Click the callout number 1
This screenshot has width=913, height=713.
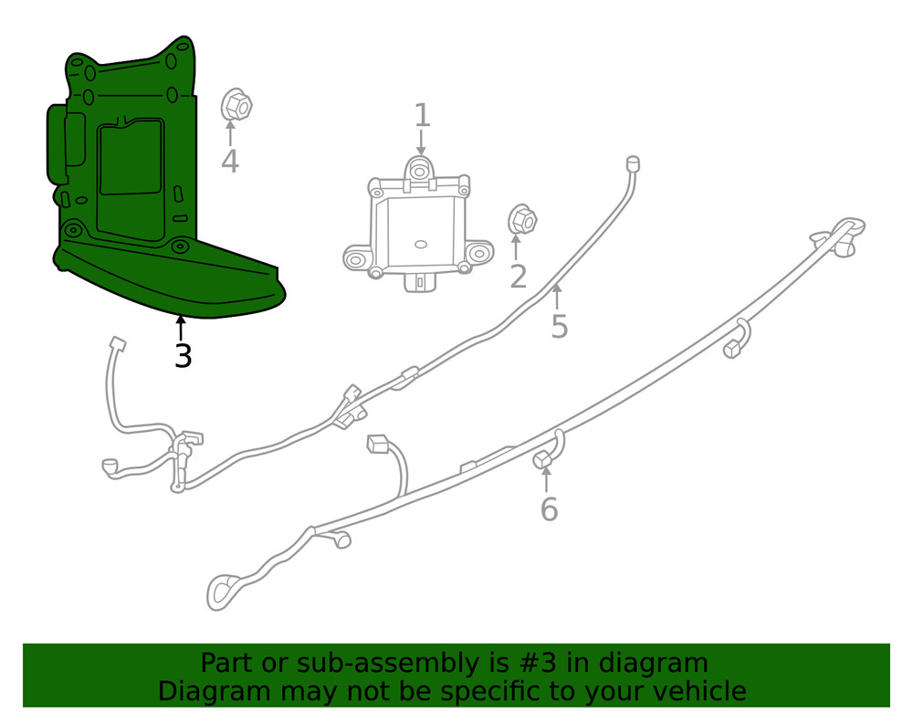coord(422,116)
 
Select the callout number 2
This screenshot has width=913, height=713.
coord(519,276)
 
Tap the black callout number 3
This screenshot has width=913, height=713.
coord(183,356)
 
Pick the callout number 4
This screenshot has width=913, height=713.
coord(230,163)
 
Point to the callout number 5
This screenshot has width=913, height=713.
coord(560,326)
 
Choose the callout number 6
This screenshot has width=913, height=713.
coord(549,509)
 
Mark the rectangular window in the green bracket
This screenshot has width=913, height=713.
coord(130,159)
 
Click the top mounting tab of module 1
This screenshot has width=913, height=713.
coord(419,170)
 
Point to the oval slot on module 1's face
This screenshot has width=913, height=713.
coord(421,244)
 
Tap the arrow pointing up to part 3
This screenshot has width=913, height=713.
coord(182,327)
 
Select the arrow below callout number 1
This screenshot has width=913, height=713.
coord(421,142)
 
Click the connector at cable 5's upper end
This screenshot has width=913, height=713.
coord(630,164)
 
